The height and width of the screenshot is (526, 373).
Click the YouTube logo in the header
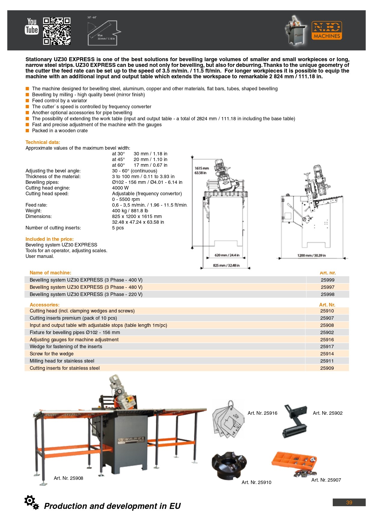point(32,26)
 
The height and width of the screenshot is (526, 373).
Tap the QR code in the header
point(57,31)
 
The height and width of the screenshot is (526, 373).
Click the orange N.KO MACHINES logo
point(327,31)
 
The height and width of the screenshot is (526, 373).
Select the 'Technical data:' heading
point(43,142)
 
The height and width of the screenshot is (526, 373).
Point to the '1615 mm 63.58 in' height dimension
point(202,170)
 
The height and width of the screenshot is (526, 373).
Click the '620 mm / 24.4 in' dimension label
point(227,255)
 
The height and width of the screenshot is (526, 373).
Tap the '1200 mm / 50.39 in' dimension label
point(311,256)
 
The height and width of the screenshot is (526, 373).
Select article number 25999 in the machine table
point(327,280)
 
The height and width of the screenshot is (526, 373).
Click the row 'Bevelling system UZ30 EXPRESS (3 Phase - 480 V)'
point(86,287)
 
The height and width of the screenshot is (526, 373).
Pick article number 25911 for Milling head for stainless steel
point(327,361)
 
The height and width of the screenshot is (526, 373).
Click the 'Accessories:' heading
point(44,305)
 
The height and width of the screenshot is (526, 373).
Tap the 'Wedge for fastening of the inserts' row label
point(66,346)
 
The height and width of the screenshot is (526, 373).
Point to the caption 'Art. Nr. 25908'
point(68,478)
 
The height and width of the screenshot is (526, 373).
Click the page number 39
point(349,502)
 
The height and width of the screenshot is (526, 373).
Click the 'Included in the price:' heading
point(49,239)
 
